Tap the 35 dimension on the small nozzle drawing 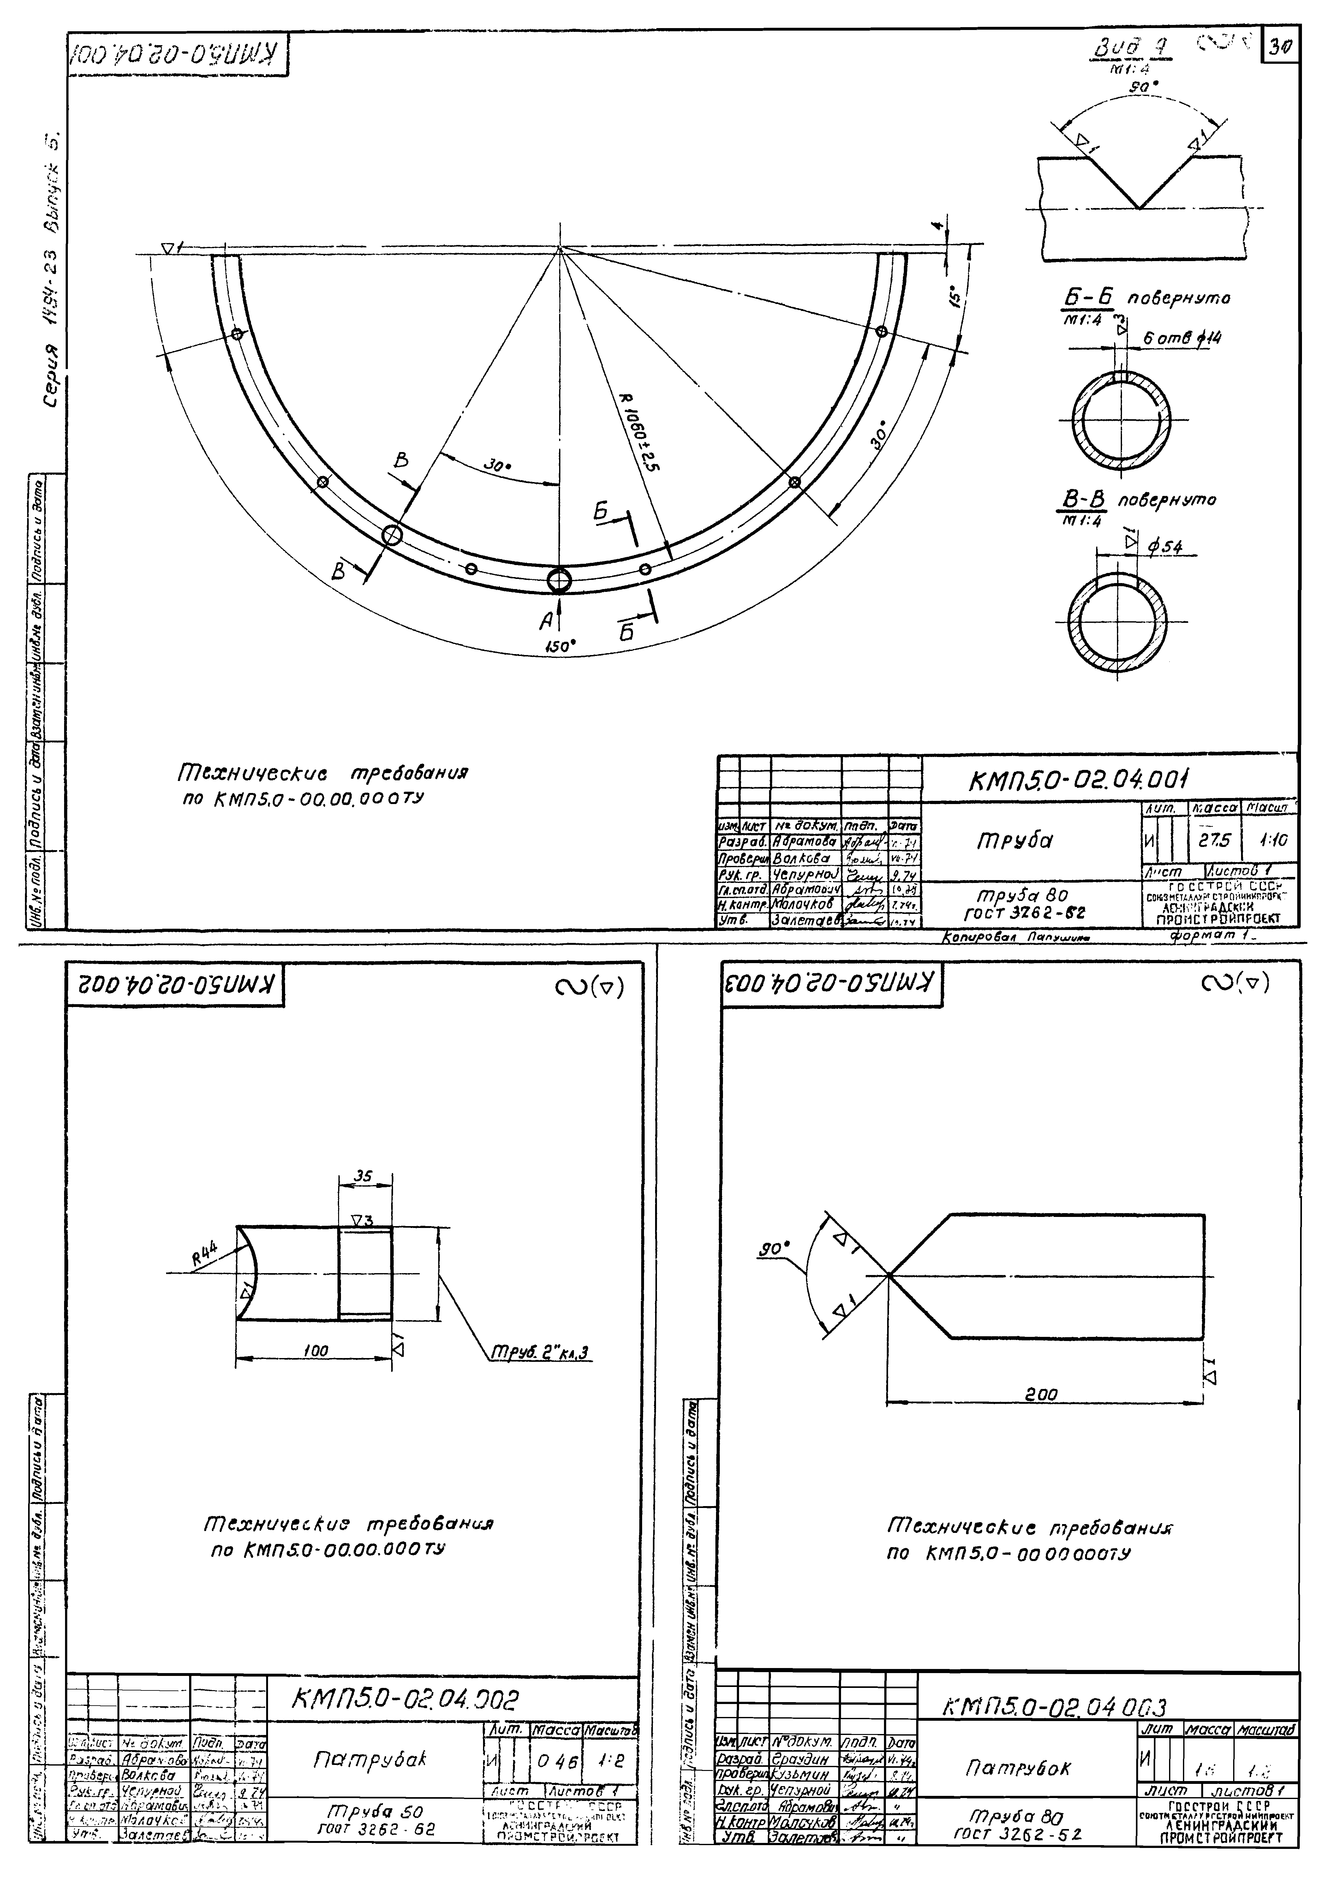(363, 1176)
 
